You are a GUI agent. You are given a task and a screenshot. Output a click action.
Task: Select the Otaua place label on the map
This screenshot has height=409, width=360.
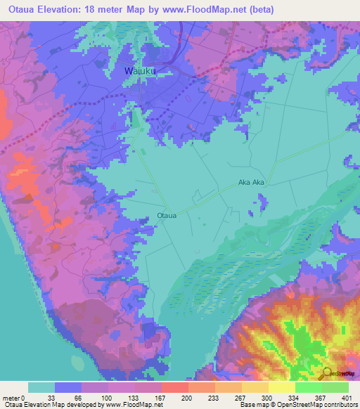coord(167,215)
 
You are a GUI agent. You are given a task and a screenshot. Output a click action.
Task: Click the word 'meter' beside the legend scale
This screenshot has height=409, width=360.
coord(12,397)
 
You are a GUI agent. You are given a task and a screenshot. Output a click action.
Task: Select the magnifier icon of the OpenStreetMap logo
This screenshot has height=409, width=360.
coord(327,374)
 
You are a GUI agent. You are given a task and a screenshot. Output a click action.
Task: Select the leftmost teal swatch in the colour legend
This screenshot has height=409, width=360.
coord(41,387)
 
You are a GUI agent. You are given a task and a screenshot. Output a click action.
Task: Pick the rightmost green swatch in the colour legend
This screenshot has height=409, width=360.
coord(335,387)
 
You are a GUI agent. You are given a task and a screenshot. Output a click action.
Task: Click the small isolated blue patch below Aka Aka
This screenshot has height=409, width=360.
coord(262,204)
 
